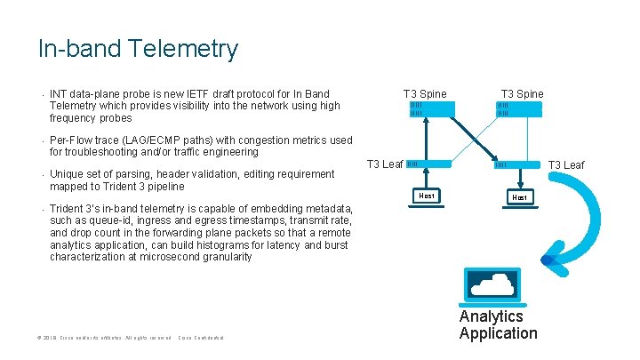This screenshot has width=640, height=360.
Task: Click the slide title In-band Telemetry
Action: pos(138,48)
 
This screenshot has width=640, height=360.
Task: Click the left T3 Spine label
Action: pos(425,94)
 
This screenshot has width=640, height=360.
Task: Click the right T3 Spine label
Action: pos(522,94)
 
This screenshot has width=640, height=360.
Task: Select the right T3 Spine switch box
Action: pos(518,109)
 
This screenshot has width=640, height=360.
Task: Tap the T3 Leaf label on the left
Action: pos(385,164)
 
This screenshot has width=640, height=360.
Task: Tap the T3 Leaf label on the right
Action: pos(565,165)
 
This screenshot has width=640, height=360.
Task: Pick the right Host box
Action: pos(518,196)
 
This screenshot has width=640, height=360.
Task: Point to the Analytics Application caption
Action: pos(498,325)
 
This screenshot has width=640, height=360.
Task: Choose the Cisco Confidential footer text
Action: pos(201,339)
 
